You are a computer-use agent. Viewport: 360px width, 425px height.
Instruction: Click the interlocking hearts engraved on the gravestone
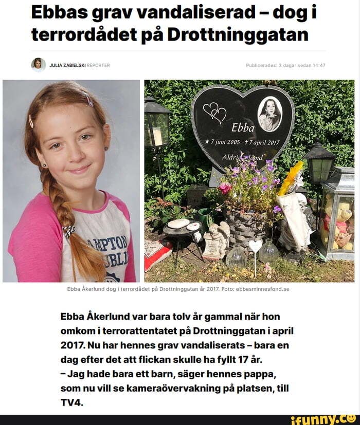[214, 113]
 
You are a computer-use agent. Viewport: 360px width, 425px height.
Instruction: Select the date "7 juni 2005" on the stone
[225, 142]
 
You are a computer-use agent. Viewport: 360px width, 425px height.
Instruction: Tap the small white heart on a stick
[255, 246]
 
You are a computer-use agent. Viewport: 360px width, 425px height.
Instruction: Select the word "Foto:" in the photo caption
[228, 289]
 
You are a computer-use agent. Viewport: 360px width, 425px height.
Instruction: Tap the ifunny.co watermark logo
[323, 419]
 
